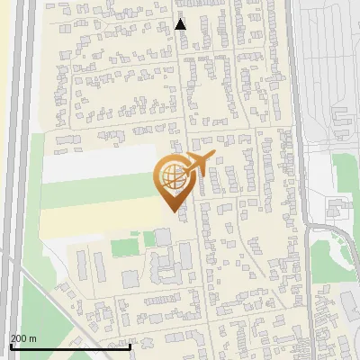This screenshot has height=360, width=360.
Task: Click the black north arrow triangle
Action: point(181,23)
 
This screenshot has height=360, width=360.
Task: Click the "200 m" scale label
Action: point(23,338)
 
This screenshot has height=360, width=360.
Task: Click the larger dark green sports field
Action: point(126,244)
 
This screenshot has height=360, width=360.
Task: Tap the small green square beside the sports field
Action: point(148,238)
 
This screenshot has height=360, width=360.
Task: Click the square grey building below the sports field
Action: point(130,279)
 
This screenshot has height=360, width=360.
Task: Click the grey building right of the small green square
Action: point(163,238)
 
